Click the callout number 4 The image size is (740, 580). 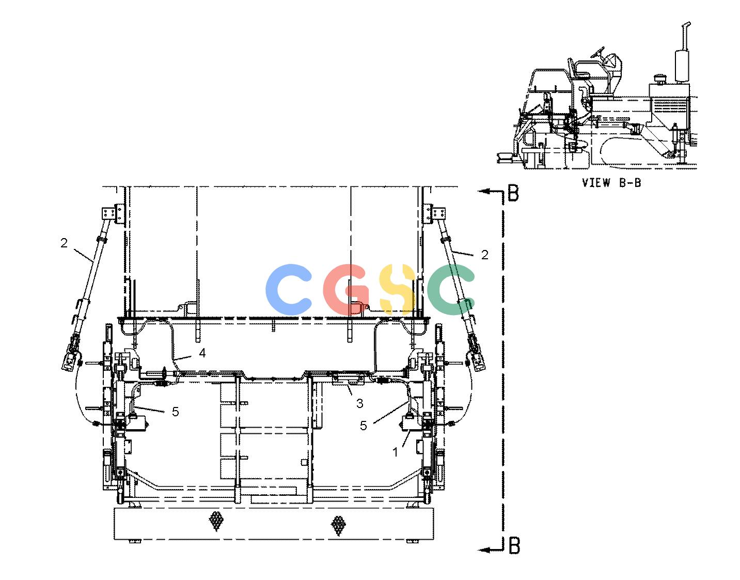(x=202, y=353)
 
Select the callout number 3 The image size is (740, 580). (x=359, y=403)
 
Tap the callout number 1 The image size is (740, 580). (x=395, y=452)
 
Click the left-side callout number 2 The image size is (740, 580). (x=64, y=243)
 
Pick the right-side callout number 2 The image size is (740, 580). (x=484, y=255)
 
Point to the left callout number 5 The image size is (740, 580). (x=176, y=412)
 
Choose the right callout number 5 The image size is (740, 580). (x=364, y=426)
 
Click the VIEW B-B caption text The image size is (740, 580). (x=611, y=183)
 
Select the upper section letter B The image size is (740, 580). (x=513, y=193)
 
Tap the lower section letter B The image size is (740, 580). (x=514, y=545)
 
